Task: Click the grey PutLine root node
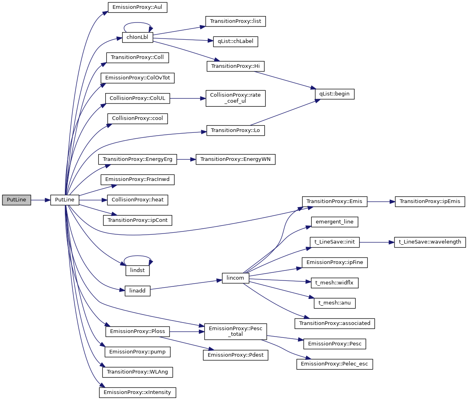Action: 16,200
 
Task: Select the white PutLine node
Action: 64,200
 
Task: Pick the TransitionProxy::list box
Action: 235,21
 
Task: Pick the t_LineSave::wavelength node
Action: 430,242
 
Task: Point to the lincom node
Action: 235,278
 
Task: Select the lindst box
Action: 137,271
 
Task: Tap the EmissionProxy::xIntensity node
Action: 137,392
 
